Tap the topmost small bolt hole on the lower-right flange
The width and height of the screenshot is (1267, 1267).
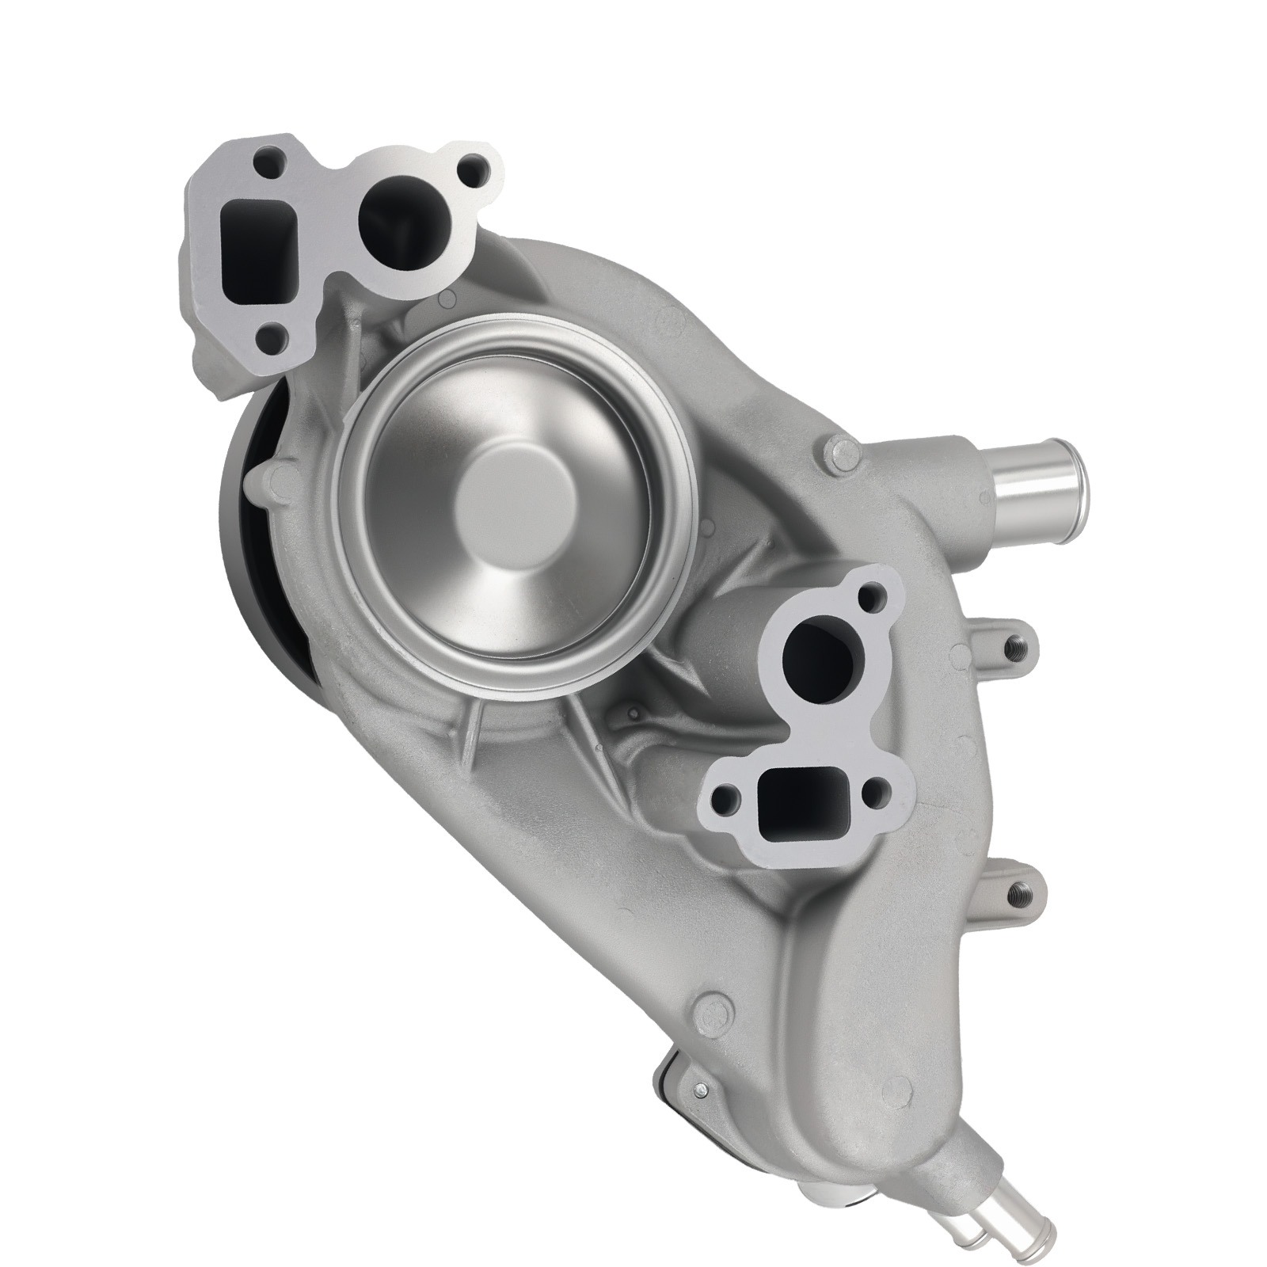pos(873,590)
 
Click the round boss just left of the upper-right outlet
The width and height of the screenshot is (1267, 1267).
pos(842,456)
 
